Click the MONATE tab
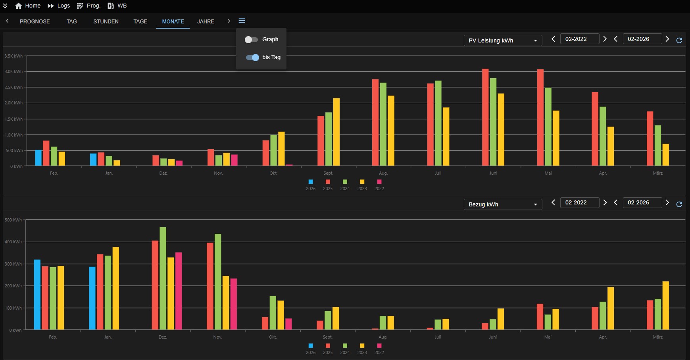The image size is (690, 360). click(173, 21)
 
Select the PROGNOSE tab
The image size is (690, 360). click(35, 21)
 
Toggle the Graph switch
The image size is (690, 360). click(251, 40)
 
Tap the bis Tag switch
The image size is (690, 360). click(252, 58)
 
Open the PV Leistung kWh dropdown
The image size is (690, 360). click(503, 40)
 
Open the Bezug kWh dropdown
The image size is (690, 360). click(503, 204)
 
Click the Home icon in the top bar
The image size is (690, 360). click(18, 6)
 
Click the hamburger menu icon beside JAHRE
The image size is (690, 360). click(242, 21)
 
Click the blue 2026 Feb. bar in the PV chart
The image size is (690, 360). click(38, 158)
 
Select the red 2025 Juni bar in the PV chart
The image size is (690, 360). click(485, 117)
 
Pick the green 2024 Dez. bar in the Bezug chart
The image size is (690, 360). click(163, 278)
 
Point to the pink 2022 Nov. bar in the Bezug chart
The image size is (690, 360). click(234, 304)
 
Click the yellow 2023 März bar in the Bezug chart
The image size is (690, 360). click(666, 306)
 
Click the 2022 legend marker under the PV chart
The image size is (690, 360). click(379, 182)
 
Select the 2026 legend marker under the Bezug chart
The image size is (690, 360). click(311, 346)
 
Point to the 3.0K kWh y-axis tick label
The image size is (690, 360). click(13, 72)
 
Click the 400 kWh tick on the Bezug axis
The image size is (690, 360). click(13, 242)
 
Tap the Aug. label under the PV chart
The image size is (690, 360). click(383, 173)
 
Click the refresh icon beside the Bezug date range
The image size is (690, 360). click(679, 204)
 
